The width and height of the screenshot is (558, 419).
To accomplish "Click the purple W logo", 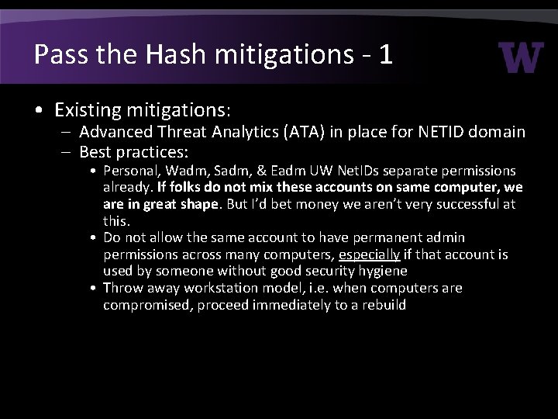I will coord(521,57).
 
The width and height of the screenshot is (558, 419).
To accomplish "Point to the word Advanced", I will coord(116,133).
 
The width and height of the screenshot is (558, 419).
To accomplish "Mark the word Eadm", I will coord(285,171).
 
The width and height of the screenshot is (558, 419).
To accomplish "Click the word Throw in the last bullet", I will coord(122,288).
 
